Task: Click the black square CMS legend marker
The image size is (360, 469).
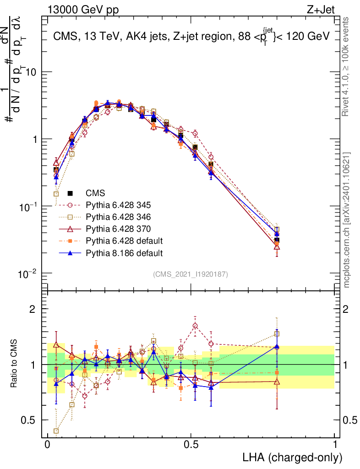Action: [70, 193]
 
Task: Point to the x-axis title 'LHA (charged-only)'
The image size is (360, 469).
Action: [293, 457]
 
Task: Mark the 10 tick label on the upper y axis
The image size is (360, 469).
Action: [31, 72]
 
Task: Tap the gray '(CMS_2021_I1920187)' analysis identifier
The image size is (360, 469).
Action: [191, 274]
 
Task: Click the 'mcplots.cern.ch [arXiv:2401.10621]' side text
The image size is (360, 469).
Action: [347, 219]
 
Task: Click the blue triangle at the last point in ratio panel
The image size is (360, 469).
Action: [277, 347]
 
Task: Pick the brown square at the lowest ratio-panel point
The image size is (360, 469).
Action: [56, 431]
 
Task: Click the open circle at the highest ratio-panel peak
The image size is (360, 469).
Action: [196, 326]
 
